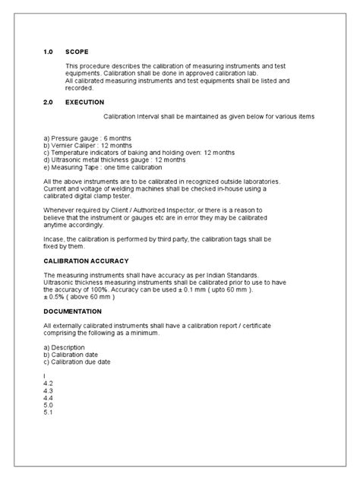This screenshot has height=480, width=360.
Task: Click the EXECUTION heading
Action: [x=85, y=101]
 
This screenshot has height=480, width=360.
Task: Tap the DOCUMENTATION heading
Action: [x=78, y=311]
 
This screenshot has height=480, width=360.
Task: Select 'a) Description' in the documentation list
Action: [x=70, y=347]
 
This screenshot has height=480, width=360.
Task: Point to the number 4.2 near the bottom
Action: [x=49, y=384]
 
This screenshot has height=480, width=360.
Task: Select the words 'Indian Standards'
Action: [x=238, y=275]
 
